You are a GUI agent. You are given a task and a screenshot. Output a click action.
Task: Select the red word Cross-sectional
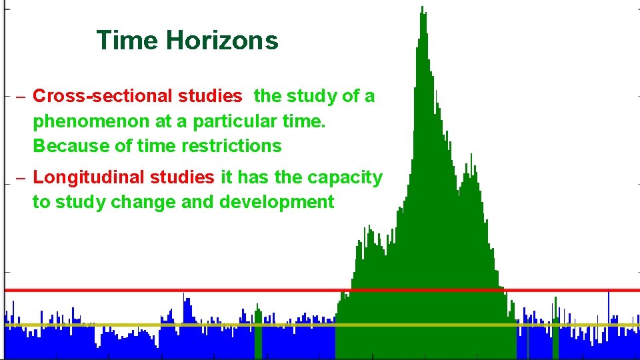(103, 96)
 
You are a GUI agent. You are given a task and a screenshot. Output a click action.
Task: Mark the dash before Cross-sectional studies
(21, 97)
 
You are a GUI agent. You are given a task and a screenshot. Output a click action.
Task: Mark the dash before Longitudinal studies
(21, 178)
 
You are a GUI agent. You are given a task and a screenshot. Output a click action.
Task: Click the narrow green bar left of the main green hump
(258, 333)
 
